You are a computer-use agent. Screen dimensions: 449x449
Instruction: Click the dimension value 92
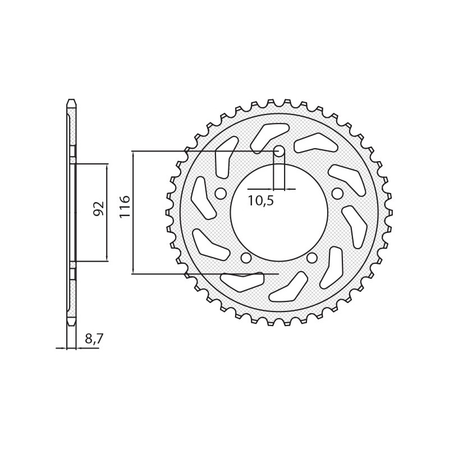[x=98, y=209]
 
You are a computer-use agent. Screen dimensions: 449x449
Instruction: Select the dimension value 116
[x=124, y=207]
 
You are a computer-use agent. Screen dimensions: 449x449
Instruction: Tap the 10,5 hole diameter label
[x=260, y=201]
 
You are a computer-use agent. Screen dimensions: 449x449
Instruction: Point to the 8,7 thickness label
[x=94, y=338]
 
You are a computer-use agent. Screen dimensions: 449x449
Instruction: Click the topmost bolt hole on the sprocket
[x=279, y=151]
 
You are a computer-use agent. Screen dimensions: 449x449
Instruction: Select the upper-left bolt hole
[x=221, y=194]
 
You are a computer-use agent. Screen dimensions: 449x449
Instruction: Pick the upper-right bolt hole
[x=337, y=194]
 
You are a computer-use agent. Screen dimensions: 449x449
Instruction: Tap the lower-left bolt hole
[x=245, y=258]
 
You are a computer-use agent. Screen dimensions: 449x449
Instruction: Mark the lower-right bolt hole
[x=312, y=258]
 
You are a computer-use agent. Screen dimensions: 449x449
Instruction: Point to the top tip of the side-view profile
[x=71, y=102]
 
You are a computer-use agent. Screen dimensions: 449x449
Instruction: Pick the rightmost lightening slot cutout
[x=355, y=224]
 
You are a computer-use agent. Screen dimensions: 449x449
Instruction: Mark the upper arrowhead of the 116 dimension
[x=133, y=154]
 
